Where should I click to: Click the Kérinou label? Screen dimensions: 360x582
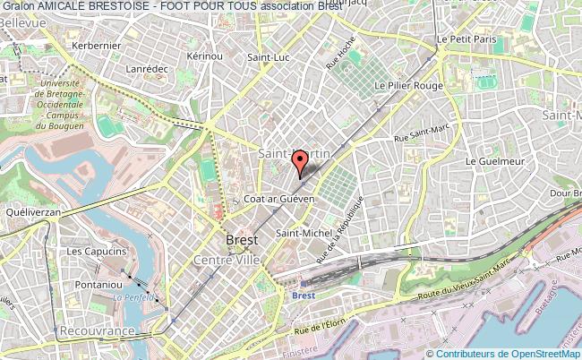pos(205,56)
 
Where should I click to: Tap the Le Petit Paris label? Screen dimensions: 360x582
pos(466,40)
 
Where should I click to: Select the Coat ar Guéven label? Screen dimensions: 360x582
pos(279,199)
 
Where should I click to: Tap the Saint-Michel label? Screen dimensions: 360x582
pos(299,234)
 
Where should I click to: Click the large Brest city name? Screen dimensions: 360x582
pos(242,241)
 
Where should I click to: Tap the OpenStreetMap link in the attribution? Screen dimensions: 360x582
pos(544,353)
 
